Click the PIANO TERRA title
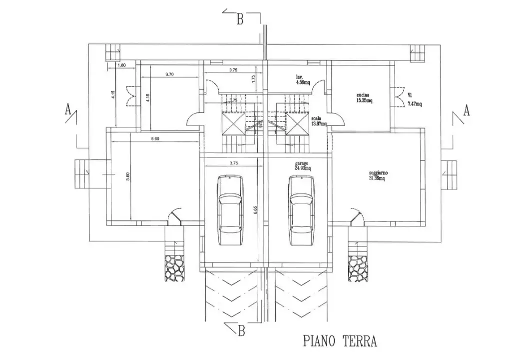(x=339, y=341)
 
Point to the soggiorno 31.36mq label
(x=379, y=175)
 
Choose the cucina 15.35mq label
(x=365, y=97)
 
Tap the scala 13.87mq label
(x=318, y=120)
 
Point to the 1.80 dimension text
(x=121, y=65)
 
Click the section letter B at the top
(x=240, y=20)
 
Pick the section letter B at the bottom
(x=242, y=330)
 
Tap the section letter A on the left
(x=68, y=110)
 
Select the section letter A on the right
(x=467, y=110)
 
